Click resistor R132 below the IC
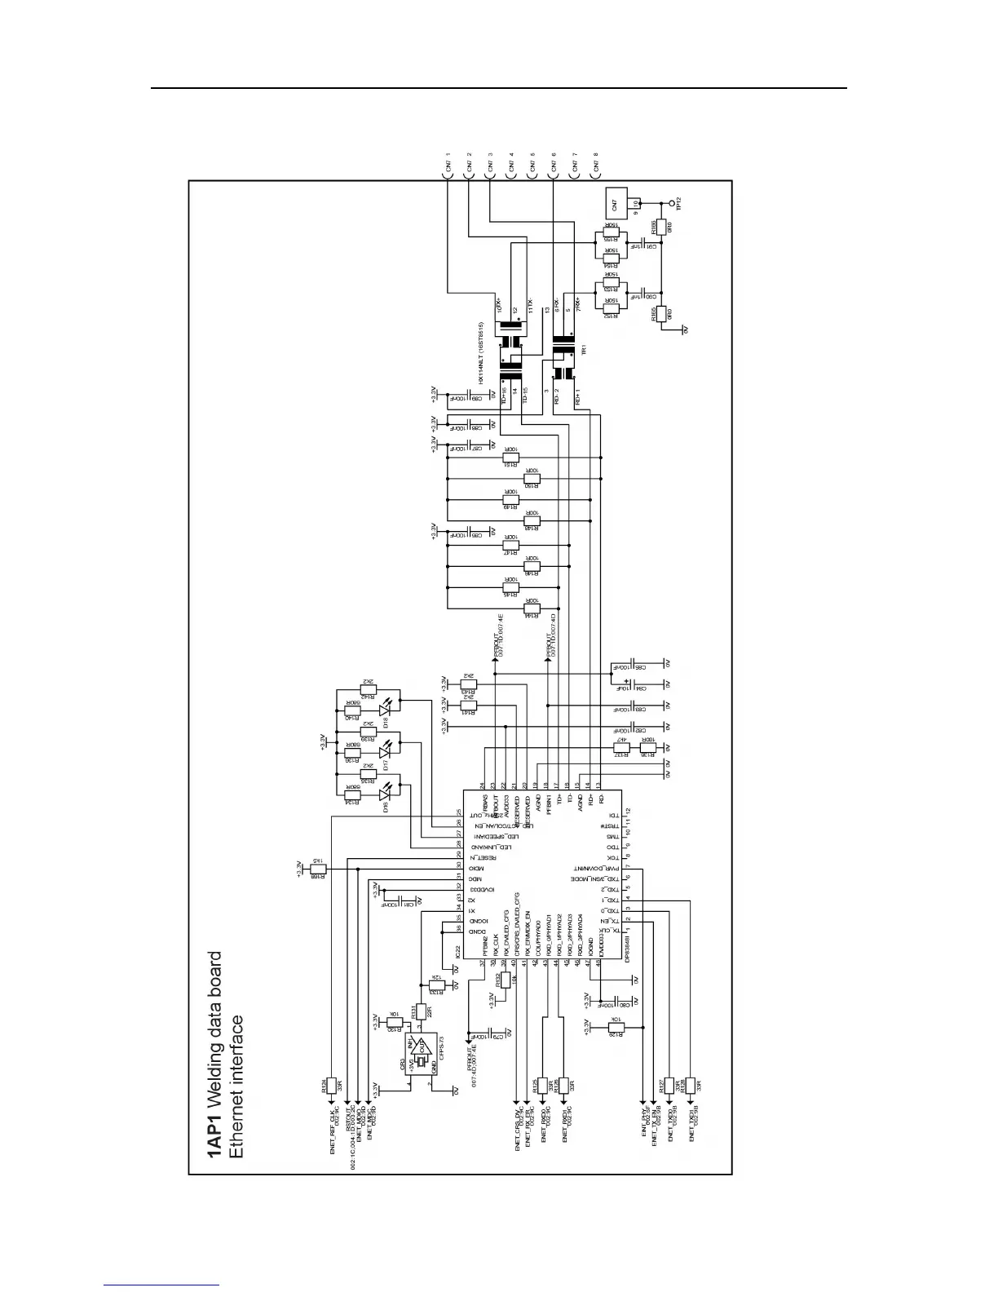[505, 980]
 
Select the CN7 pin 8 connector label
[596, 166]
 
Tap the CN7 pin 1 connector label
[448, 166]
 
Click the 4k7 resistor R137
[622, 747]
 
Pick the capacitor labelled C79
[497, 1036]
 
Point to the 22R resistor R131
[420, 1011]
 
